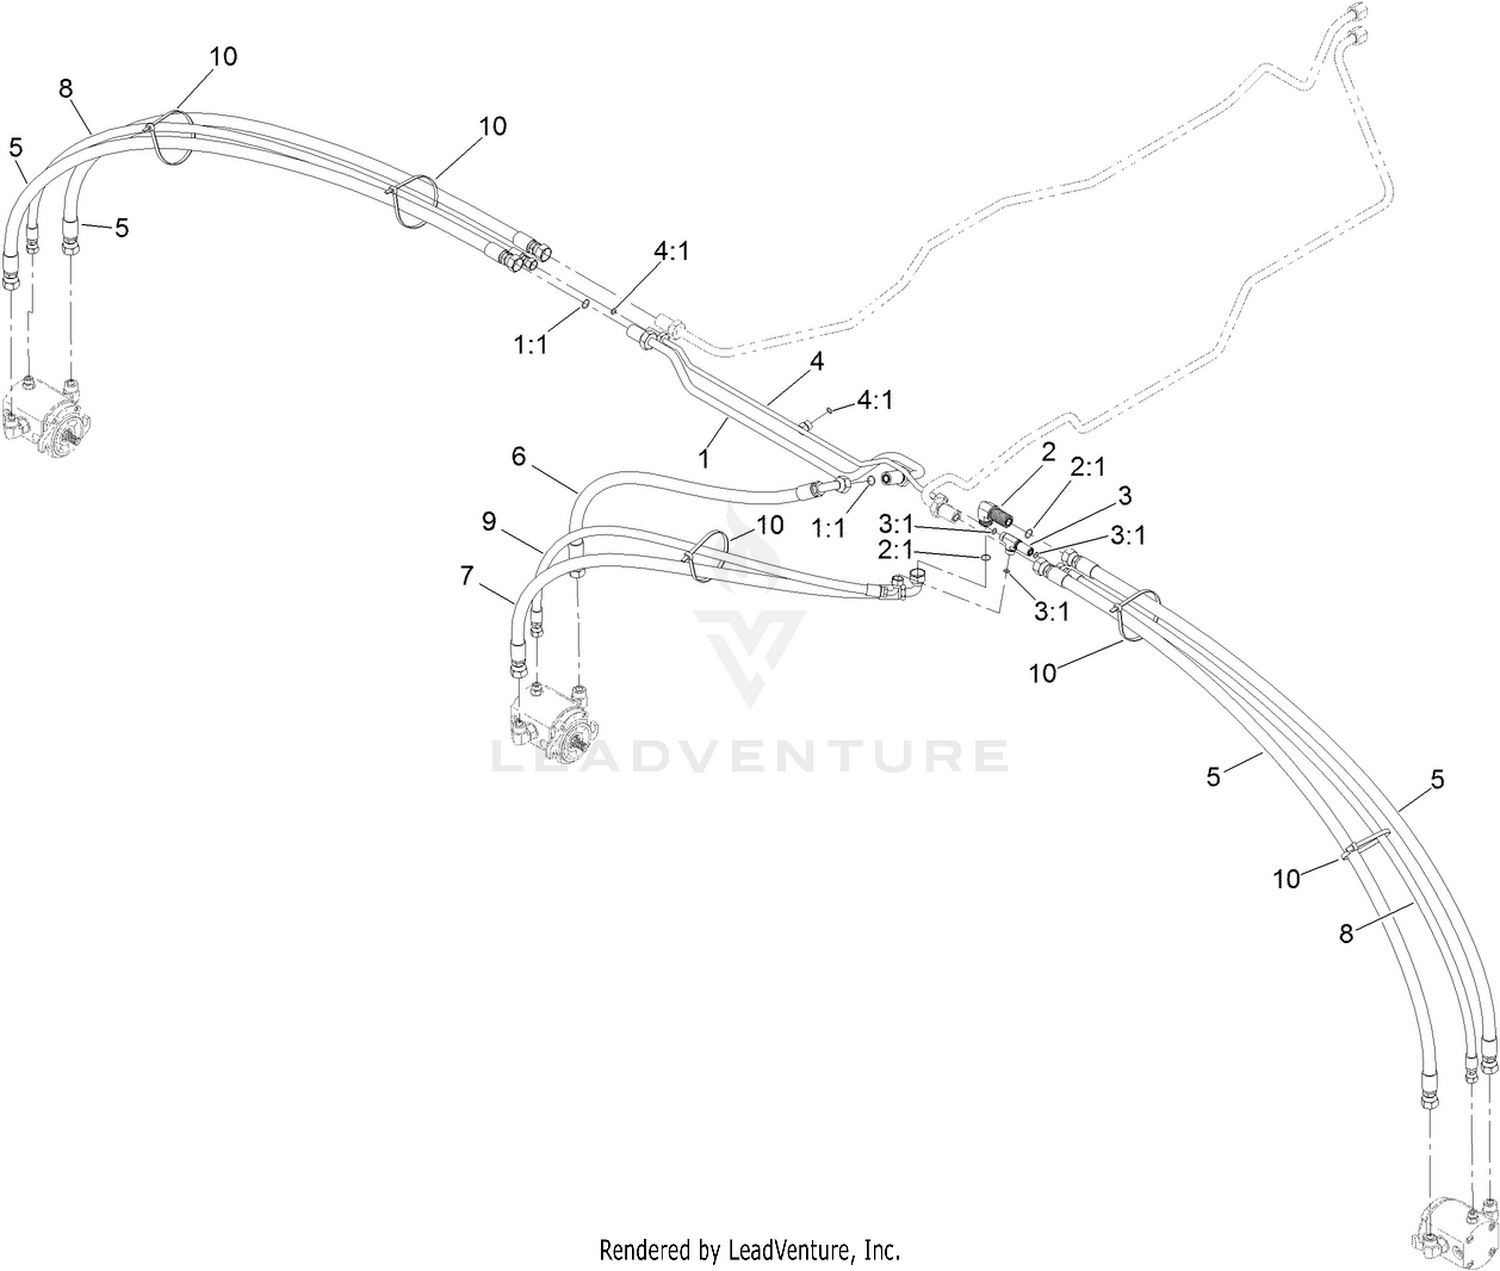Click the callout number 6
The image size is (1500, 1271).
[518, 457]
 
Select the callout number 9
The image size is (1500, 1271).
[489, 521]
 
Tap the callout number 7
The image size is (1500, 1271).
[467, 576]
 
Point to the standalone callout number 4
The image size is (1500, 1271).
[817, 361]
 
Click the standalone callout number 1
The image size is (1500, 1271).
[702, 458]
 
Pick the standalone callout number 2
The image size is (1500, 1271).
[1048, 452]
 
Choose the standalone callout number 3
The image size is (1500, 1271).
[1125, 496]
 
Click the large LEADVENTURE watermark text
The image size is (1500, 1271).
[749, 756]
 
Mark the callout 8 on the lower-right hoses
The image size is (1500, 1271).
[1346, 933]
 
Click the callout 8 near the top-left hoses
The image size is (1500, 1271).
[65, 89]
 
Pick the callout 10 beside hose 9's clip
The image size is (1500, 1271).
[769, 525]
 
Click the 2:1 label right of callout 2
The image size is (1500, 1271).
[1088, 468]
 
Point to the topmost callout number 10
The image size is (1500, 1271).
[224, 56]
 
